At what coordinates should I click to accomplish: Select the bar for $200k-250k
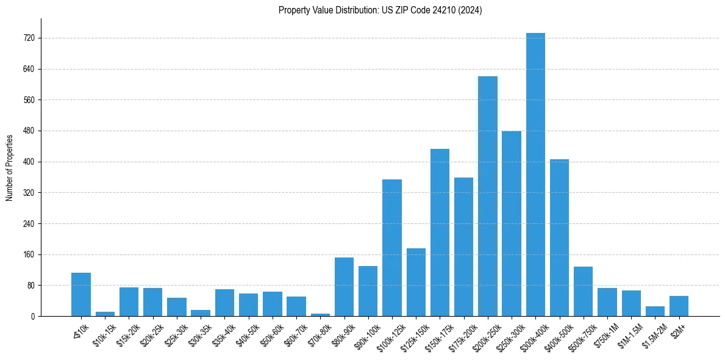487,196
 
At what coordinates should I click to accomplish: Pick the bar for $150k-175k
440,232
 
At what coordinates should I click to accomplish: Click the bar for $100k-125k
392,248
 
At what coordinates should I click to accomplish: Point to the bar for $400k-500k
559,237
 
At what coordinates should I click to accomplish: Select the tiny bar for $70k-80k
320,315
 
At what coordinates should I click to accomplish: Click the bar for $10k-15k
105,314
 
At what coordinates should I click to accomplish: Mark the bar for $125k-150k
416,282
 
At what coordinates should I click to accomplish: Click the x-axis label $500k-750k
582,333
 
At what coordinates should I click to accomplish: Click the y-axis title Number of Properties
10,167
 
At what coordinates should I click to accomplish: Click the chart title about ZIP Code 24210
380,10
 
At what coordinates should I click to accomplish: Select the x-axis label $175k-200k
462,333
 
